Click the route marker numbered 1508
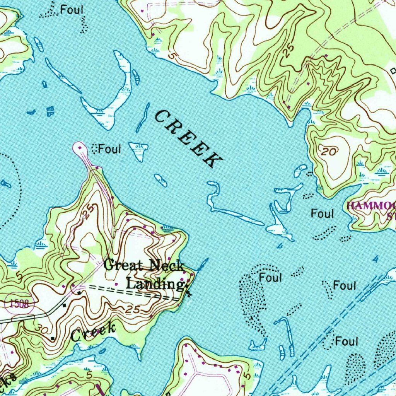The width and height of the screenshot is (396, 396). click(x=19, y=304)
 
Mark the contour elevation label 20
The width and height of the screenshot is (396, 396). click(x=329, y=152)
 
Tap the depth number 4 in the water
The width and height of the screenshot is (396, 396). click(x=374, y=259)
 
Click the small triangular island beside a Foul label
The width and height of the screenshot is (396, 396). click(x=139, y=150)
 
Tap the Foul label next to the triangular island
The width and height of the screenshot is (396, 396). click(x=110, y=149)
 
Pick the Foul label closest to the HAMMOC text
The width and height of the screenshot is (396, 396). click(x=322, y=213)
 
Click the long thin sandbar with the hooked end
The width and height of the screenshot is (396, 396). click(x=232, y=213)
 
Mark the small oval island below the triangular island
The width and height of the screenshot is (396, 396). click(x=160, y=180)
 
